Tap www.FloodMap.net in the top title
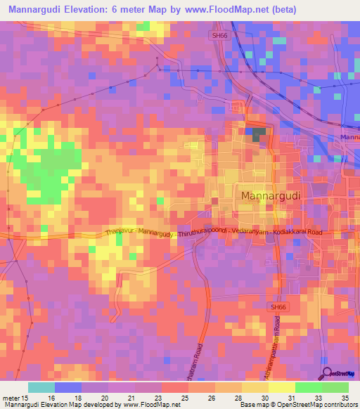(223, 10)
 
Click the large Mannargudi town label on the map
(271, 195)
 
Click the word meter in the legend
(11, 398)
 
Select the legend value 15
(26, 398)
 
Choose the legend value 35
(345, 398)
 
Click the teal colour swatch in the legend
(41, 387)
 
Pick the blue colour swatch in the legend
(68, 387)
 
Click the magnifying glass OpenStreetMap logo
(327, 372)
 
